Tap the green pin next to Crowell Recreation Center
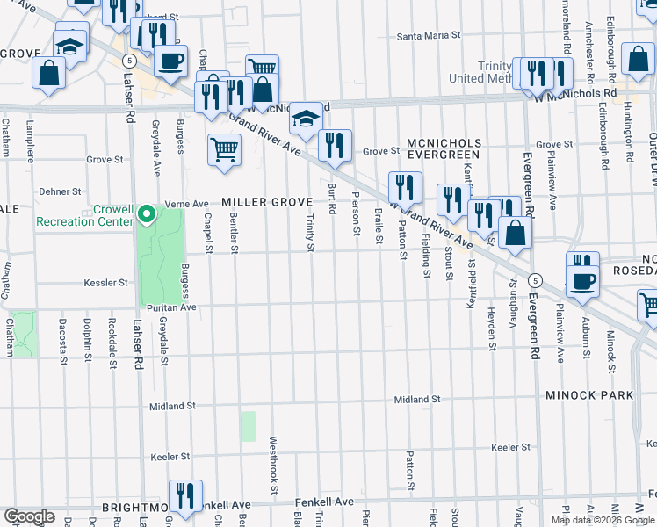(x=148, y=213)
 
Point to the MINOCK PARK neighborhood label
(x=588, y=395)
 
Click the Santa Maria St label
(x=430, y=36)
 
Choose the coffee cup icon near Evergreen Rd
(x=582, y=283)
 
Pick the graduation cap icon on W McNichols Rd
(x=305, y=119)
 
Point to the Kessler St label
(x=106, y=283)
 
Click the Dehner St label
(x=61, y=191)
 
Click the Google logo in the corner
(x=29, y=516)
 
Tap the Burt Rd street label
(x=333, y=199)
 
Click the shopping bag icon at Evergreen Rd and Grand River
(x=517, y=234)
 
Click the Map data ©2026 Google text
(x=604, y=520)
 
